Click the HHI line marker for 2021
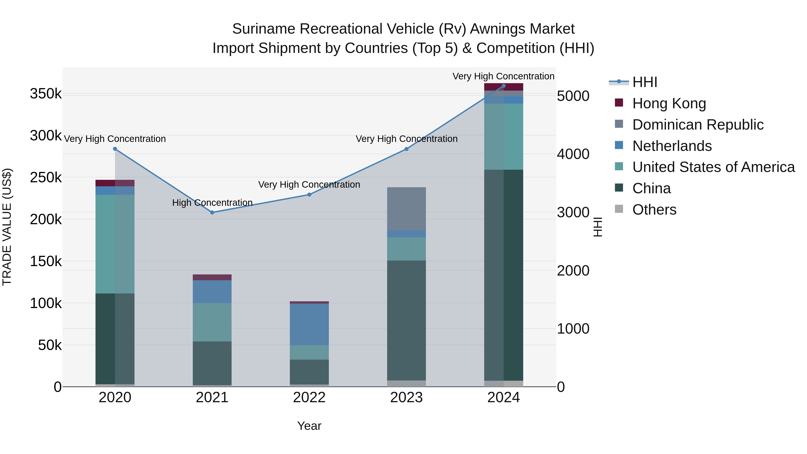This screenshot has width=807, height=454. [212, 213]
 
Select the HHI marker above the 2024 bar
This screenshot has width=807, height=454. [503, 86]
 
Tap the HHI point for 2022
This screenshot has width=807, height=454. [309, 195]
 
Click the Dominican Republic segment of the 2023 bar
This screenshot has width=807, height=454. [406, 209]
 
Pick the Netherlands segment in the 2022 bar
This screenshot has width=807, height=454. [309, 324]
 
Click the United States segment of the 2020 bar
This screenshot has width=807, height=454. [115, 244]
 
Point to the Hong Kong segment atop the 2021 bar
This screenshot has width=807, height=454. [212, 277]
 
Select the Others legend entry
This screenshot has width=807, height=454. [654, 210]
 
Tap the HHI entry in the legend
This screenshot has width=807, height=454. [644, 82]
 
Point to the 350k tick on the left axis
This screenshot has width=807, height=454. [46, 94]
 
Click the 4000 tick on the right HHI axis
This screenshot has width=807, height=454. [573, 154]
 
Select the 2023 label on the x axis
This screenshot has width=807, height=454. [406, 398]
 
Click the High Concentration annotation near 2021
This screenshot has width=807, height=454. [212, 203]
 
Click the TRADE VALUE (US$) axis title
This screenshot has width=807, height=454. [7, 227]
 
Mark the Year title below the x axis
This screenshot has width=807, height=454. [309, 426]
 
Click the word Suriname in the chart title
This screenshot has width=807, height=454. [264, 29]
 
